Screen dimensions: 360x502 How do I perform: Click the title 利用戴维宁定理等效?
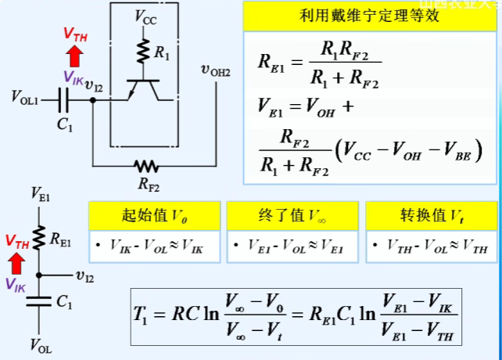pyautogui.click(x=368, y=16)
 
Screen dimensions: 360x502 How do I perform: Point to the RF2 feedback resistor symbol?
pyautogui.click(x=145, y=166)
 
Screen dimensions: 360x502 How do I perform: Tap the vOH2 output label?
pyautogui.click(x=216, y=70)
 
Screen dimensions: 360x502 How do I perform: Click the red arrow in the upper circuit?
pyautogui.click(x=75, y=56)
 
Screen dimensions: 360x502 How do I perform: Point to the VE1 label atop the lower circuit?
pyautogui.click(x=40, y=193)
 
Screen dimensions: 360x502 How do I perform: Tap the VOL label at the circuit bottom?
pyautogui.click(x=40, y=345)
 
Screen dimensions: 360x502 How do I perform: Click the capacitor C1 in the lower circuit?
pyautogui.click(x=40, y=302)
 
